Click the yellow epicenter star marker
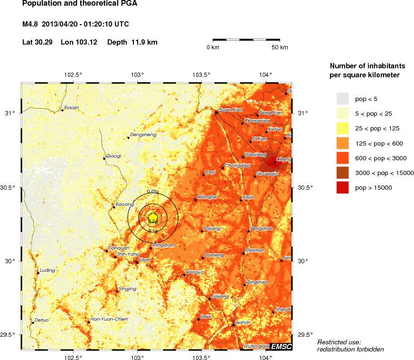coord(152,218)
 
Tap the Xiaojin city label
coord(71,107)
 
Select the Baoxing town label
coord(124,204)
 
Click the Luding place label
coord(47,270)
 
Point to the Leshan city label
coord(243,322)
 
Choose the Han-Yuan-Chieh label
coord(109,319)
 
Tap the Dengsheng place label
coord(143,135)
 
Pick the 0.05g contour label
coord(152,191)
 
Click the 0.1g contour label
coord(152,231)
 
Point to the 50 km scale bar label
coord(280,47)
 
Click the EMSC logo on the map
coord(281,346)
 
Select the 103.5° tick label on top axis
coord(201,74)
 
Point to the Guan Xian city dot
coord(216,112)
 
